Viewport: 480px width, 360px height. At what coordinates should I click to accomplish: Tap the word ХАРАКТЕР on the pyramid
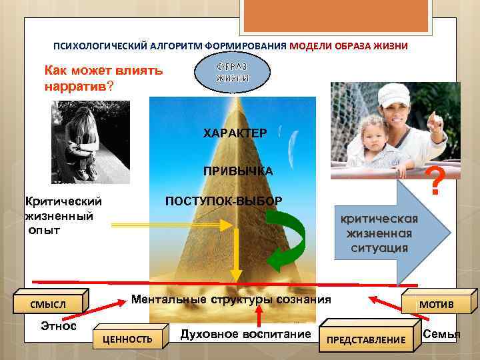pos(235,133)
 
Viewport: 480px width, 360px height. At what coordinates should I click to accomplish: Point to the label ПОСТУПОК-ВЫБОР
pos(223,201)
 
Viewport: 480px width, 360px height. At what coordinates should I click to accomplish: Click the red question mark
pos(435,182)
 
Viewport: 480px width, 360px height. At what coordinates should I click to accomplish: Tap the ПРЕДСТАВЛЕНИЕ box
pos(365,339)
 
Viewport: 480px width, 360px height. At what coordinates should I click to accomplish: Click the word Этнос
pos(59,326)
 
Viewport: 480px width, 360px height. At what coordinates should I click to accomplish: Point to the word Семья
pos(441,333)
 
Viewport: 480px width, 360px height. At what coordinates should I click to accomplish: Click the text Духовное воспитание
pos(246,333)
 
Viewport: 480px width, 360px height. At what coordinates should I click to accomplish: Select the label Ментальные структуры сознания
pos(231,299)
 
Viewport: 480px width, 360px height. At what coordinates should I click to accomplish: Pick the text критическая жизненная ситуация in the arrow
pos(379,233)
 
